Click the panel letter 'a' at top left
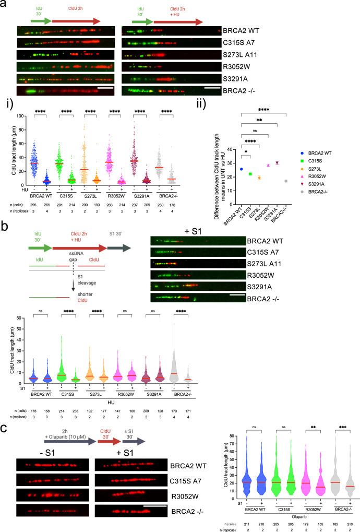[4, 4]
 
